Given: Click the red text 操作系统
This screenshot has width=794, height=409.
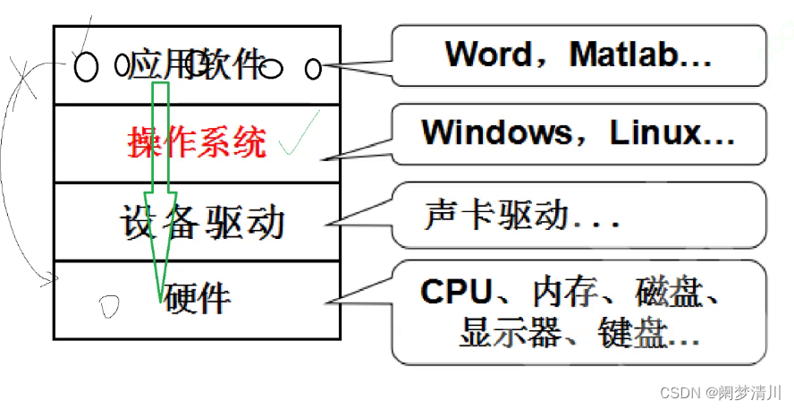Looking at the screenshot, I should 198,142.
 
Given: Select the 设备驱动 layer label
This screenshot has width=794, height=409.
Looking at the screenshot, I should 202,220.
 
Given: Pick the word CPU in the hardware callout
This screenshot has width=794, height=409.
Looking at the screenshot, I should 456,292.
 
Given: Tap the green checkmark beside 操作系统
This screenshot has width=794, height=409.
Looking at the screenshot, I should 298,141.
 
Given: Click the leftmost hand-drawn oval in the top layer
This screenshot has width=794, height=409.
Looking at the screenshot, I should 85,67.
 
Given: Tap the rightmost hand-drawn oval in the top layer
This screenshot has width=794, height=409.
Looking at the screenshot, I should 313,68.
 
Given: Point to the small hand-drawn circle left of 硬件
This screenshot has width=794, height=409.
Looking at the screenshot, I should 109,306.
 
